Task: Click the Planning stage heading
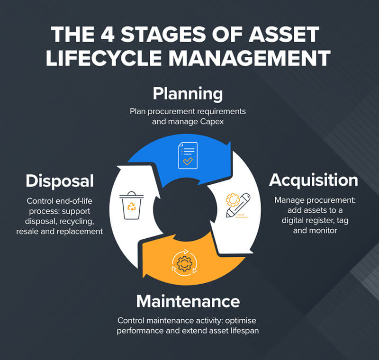(188, 94)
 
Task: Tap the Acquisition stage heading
(314, 180)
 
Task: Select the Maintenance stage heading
(188, 301)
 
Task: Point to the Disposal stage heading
(60, 181)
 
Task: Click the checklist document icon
(188, 155)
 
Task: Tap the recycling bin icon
(132, 206)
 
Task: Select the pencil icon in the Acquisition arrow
(238, 206)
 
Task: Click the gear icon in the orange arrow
(184, 263)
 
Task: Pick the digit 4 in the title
(107, 34)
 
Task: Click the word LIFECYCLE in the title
(103, 58)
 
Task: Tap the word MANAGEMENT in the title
(249, 58)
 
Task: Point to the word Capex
(212, 122)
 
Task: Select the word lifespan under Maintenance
(244, 331)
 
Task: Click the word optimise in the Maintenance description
(241, 321)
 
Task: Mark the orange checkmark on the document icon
(188, 161)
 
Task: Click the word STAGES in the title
(163, 34)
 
